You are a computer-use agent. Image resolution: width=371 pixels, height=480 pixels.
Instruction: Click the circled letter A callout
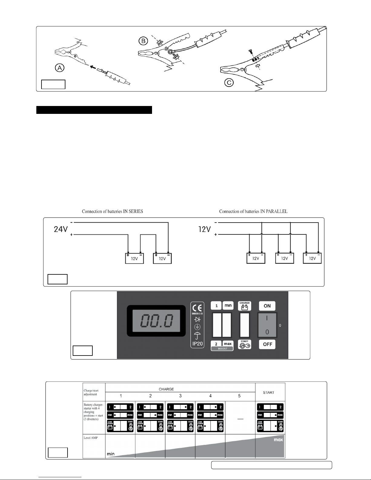pyautogui.click(x=60, y=68)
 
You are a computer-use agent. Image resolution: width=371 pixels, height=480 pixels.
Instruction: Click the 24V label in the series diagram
pyautogui.click(x=61, y=229)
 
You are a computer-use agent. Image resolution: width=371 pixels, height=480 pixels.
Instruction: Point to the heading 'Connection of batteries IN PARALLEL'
pyautogui.click(x=253, y=211)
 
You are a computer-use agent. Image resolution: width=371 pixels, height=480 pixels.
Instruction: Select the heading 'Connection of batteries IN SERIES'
pyautogui.click(x=112, y=211)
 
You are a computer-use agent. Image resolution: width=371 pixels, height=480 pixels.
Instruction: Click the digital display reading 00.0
pyautogui.click(x=156, y=321)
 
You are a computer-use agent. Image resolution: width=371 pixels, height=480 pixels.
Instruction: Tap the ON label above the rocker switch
pyautogui.click(x=267, y=306)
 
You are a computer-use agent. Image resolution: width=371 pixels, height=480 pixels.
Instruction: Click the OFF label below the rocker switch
pyautogui.click(x=267, y=344)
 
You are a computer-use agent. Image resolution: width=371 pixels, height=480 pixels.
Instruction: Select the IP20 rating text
pyautogui.click(x=197, y=344)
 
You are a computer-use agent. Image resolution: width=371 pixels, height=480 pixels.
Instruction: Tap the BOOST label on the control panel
pyautogui.click(x=222, y=349)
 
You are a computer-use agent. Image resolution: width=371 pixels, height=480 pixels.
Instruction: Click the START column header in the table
pyautogui.click(x=269, y=392)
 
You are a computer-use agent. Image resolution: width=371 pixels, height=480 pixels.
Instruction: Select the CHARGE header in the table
pyautogui.click(x=166, y=389)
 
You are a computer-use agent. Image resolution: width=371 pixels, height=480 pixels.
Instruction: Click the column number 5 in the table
pyautogui.click(x=239, y=396)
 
